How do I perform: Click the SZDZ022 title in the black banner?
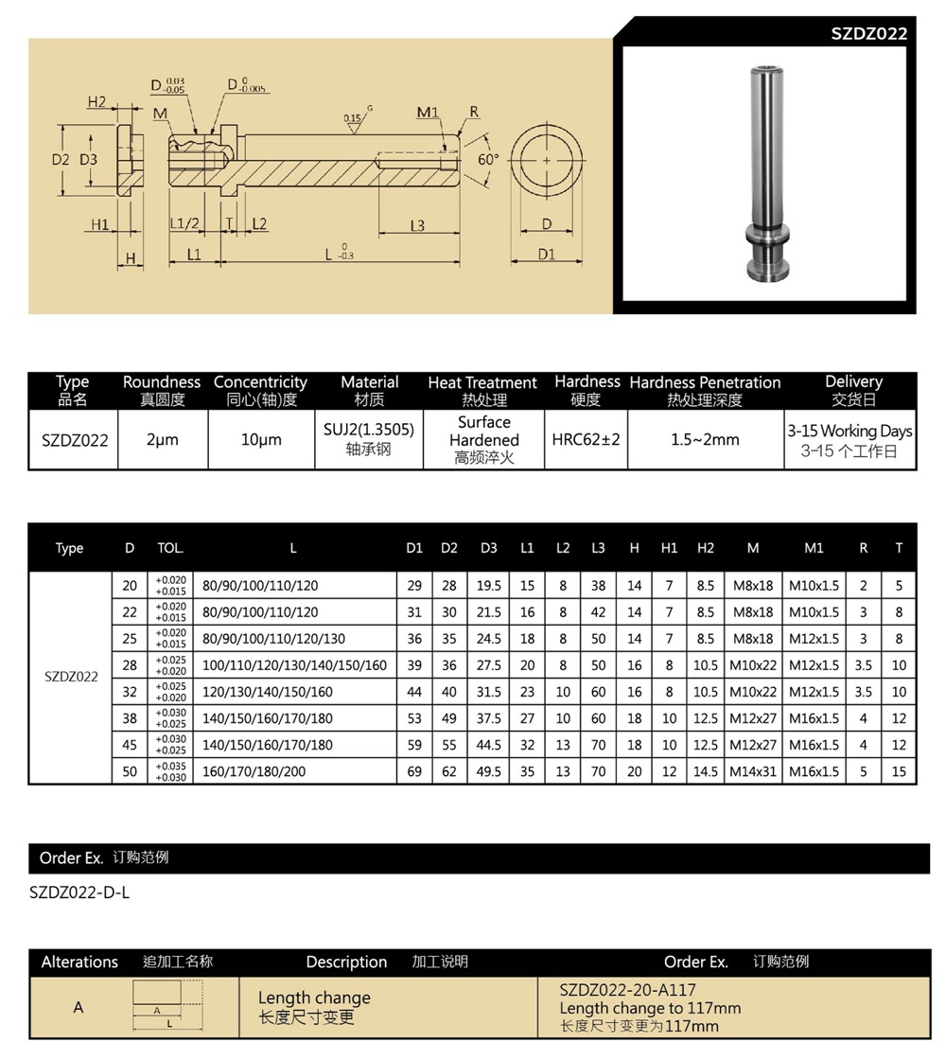(x=868, y=33)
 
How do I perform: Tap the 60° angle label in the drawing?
(x=487, y=160)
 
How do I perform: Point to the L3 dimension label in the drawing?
(x=417, y=225)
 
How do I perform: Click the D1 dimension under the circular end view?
(x=546, y=254)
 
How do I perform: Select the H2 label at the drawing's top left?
(x=96, y=102)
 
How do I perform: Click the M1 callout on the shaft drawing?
(x=428, y=114)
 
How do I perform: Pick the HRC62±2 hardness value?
(x=586, y=439)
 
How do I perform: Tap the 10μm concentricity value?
(x=260, y=440)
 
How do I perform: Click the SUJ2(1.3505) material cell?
(x=369, y=430)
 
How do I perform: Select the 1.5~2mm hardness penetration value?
(x=705, y=439)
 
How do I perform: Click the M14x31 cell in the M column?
(x=752, y=771)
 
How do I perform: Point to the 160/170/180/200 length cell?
(x=254, y=771)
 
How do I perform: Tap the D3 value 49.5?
(x=488, y=771)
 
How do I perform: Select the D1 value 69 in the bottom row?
(x=414, y=771)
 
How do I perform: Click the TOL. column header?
(x=170, y=548)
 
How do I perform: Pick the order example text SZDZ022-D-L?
(x=79, y=892)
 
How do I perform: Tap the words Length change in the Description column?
(x=314, y=998)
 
